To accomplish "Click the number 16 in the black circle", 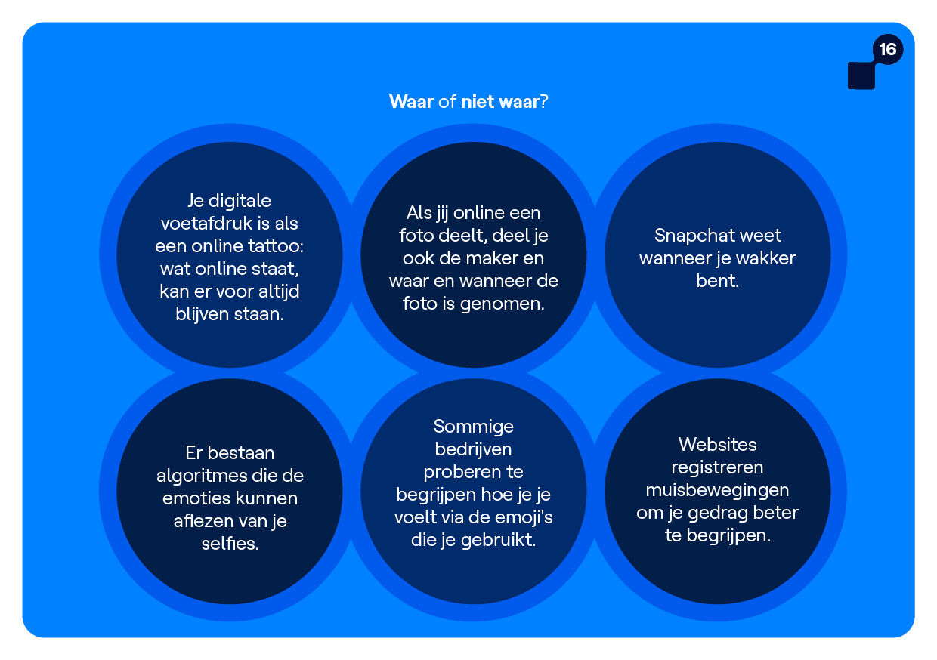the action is click(x=888, y=49).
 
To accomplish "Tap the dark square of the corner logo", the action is click(x=861, y=76).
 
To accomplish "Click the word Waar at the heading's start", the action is click(x=411, y=102).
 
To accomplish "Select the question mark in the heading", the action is click(x=544, y=102).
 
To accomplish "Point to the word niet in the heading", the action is click(x=478, y=102).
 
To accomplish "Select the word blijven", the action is click(x=202, y=314).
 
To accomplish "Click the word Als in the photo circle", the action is click(x=419, y=213).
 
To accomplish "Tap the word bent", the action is click(x=717, y=280).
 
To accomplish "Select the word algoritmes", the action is click(x=201, y=476).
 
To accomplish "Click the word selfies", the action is click(x=230, y=544).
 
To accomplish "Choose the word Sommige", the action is click(x=474, y=427).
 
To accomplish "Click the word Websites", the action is click(x=717, y=444).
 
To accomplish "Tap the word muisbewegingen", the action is click(x=717, y=490).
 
